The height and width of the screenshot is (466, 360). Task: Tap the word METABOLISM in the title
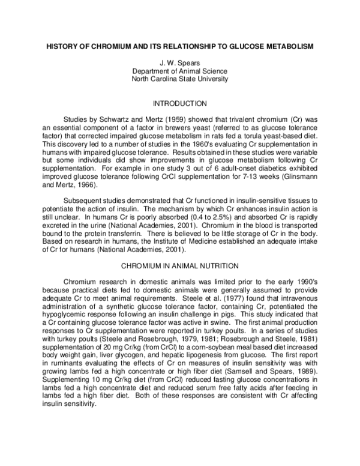[x=289, y=47]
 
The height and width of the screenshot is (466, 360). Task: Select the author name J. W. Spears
[x=179, y=62]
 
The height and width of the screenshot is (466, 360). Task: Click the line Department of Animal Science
[x=179, y=70]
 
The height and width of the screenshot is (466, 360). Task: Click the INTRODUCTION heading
[x=180, y=103]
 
